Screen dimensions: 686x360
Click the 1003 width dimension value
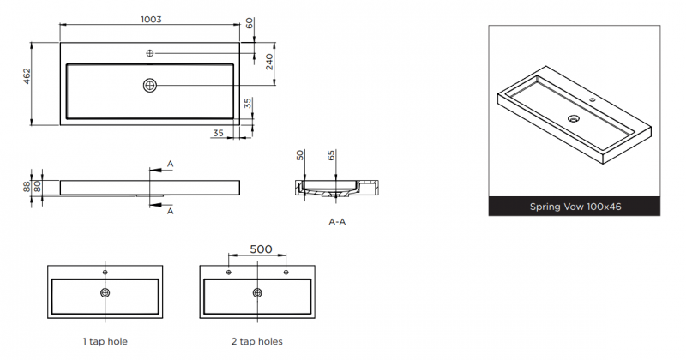pyautogui.click(x=151, y=19)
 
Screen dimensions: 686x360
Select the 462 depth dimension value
pyautogui.click(x=27, y=76)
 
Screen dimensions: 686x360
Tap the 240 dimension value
pyautogui.click(x=269, y=62)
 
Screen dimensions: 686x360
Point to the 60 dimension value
pyautogui.click(x=250, y=23)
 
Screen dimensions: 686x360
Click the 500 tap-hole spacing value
pyautogui.click(x=261, y=249)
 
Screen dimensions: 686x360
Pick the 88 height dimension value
pyautogui.click(x=27, y=187)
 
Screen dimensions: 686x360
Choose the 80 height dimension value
pyautogui.click(x=38, y=187)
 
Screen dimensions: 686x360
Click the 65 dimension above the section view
pyautogui.click(x=332, y=155)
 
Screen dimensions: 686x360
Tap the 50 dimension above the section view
pyautogui.click(x=300, y=155)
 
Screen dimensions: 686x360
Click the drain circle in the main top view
pyautogui.click(x=150, y=86)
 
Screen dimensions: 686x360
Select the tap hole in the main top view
pyautogui.click(x=149, y=53)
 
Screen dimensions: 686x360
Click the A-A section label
pyautogui.click(x=337, y=222)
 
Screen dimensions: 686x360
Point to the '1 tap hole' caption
pyautogui.click(x=105, y=341)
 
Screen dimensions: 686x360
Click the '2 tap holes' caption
pyautogui.click(x=256, y=341)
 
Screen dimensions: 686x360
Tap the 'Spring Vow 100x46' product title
pyautogui.click(x=575, y=207)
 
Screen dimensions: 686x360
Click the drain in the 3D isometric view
pyautogui.click(x=574, y=118)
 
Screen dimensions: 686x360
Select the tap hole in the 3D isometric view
pyautogui.click(x=593, y=99)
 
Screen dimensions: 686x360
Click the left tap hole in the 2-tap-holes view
pyautogui.click(x=228, y=273)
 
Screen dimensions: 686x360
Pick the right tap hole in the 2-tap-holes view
pyautogui.click(x=286, y=273)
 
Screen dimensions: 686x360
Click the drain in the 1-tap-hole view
pyautogui.click(x=105, y=292)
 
